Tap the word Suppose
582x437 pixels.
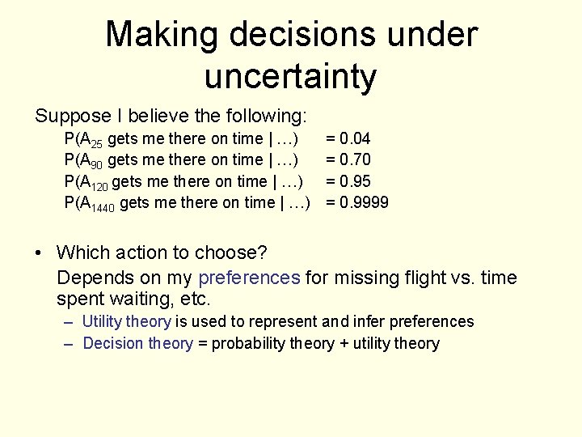67,116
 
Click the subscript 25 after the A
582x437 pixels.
96,143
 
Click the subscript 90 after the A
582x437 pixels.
96,164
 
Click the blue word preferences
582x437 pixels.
249,278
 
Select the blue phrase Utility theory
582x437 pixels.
127,322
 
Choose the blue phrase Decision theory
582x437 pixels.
138,344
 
